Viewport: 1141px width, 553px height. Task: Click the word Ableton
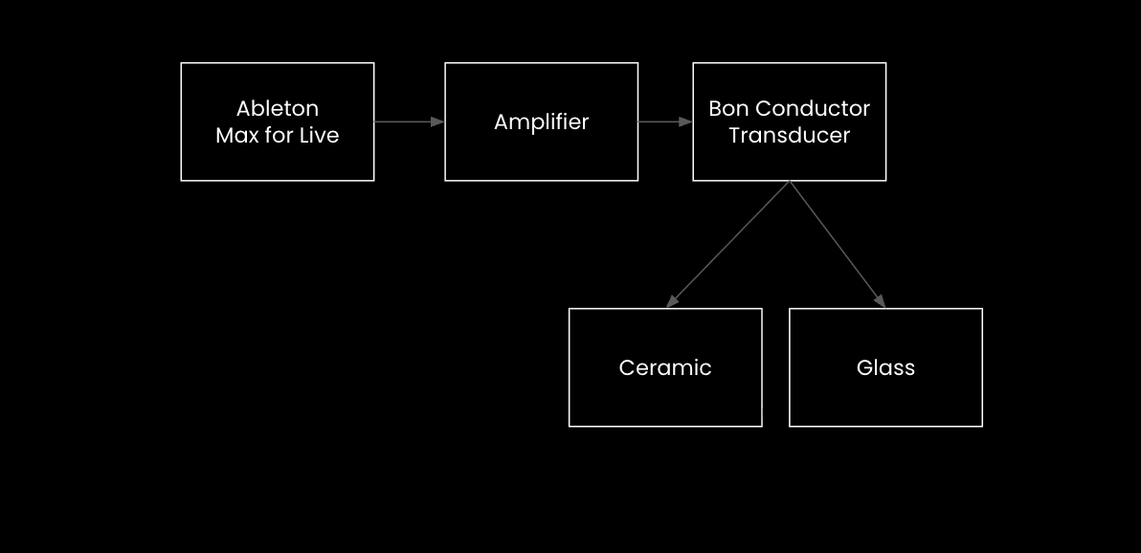278,108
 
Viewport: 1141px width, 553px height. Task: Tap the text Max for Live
278,135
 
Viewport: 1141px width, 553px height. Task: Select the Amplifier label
541,122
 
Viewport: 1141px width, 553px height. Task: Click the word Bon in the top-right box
727,108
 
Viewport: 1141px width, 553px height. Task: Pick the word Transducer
789,135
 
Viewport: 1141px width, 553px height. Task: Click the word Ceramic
665,367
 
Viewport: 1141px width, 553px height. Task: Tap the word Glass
885,367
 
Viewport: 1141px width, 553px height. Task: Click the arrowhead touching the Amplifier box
438,122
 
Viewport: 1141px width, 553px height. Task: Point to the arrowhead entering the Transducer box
686,122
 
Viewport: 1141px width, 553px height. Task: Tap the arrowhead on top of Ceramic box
672,301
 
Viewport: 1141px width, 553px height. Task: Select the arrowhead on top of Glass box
880,301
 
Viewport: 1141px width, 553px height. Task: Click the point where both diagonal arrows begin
790,182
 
